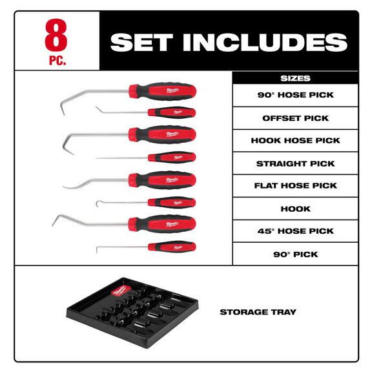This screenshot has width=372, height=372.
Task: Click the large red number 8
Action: [56, 37]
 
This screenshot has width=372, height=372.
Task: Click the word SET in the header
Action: [142, 42]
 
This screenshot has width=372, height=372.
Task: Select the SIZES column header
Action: [295, 78]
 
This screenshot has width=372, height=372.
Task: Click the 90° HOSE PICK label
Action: [295, 95]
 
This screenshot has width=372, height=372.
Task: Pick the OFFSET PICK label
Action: [295, 118]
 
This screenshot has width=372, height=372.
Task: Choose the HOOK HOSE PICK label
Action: [295, 140]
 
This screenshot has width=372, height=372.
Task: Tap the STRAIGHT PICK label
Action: [295, 163]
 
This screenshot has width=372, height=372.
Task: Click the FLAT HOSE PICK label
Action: [295, 185]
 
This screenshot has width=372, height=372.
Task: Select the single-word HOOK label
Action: [295, 209]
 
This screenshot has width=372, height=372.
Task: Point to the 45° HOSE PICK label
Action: [295, 231]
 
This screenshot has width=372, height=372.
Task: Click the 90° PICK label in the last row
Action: [295, 254]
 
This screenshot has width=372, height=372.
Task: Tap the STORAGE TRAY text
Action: [258, 312]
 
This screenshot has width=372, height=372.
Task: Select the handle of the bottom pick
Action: [171, 246]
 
